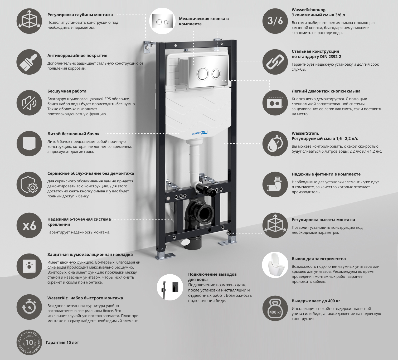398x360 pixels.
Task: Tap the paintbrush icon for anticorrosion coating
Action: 29,62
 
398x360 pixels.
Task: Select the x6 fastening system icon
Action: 29,226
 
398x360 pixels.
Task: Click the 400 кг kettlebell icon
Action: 275,308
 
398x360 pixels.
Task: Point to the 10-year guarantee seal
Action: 29,342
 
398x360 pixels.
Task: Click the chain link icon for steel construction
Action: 275,62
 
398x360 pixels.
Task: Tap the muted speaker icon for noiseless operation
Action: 29,103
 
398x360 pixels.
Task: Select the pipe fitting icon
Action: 275,184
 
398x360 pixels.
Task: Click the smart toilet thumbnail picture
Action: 275,265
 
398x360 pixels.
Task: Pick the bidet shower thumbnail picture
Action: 170,287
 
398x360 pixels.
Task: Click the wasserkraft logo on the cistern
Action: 200,133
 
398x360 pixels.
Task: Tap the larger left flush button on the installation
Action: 203,73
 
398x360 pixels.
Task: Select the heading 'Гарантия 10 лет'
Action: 62,343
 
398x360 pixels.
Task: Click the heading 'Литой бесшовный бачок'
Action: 74,134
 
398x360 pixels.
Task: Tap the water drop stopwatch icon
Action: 275,144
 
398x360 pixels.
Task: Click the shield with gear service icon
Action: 29,184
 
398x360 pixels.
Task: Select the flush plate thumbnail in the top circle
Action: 162,21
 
